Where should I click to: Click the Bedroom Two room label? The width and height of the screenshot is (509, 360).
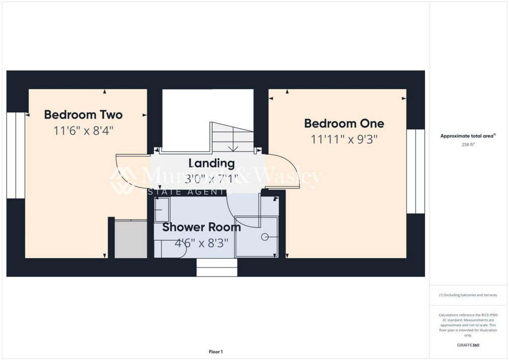coord(83,115)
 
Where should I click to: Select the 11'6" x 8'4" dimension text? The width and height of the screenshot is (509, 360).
coord(83,131)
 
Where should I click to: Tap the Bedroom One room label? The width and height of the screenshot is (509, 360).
coord(344,123)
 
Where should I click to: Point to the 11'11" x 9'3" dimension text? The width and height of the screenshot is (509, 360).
coord(344,139)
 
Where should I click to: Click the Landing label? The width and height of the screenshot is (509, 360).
coord(211,163)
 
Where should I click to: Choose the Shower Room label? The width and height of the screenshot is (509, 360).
coord(201,228)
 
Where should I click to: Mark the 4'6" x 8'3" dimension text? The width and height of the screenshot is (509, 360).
coord(201,244)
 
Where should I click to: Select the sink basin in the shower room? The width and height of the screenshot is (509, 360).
coord(162,210)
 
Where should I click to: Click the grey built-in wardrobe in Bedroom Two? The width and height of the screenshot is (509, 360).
coord(131,239)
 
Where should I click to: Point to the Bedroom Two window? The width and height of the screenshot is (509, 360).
coord(15,155)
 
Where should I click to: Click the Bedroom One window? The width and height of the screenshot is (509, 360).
coord(416,172)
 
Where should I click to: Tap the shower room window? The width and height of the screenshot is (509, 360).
coord(217,268)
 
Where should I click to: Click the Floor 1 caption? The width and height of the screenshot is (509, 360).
coord(215,352)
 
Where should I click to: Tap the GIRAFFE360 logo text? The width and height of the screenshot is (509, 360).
coord(468,345)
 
